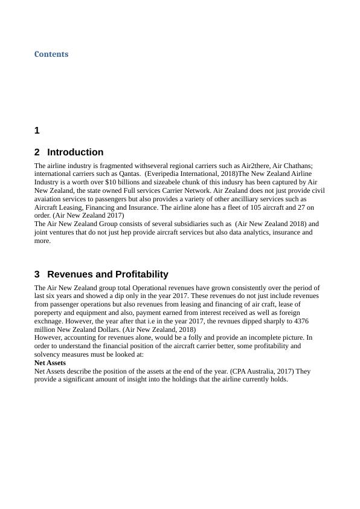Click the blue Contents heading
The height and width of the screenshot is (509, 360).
coord(51,54)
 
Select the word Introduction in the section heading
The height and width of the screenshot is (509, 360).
coord(75,152)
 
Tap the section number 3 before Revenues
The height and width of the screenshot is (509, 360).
coord(37,274)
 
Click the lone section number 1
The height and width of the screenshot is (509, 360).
coord(37,131)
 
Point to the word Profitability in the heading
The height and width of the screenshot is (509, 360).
coord(141,274)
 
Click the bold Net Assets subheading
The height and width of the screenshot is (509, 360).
coord(50,363)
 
